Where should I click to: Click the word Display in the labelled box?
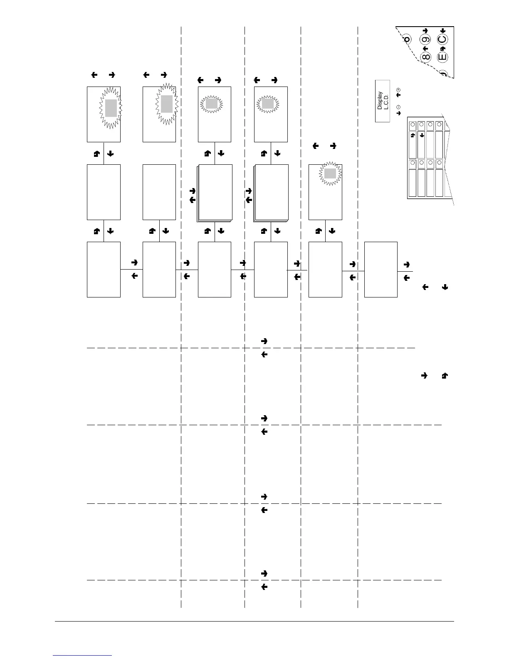[x=380, y=101]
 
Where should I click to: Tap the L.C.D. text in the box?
[x=386, y=101]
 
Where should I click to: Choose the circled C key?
[x=442, y=40]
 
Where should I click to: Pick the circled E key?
[x=442, y=57]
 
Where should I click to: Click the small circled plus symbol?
[x=398, y=90]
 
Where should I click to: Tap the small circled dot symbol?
[x=398, y=107]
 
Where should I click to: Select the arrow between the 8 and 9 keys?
[x=425, y=48]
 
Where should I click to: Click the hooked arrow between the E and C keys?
[x=443, y=48]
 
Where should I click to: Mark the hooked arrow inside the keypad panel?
[x=413, y=135]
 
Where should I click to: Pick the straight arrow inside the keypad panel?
[x=422, y=135]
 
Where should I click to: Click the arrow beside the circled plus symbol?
[x=398, y=95]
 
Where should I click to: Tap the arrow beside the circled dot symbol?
[x=398, y=113]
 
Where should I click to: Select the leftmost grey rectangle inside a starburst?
[x=111, y=108]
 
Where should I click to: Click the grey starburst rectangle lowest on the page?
[x=330, y=173]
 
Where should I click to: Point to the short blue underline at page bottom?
[x=83, y=656]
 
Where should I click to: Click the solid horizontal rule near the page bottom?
[x=254, y=622]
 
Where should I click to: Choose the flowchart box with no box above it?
[x=381, y=269]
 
